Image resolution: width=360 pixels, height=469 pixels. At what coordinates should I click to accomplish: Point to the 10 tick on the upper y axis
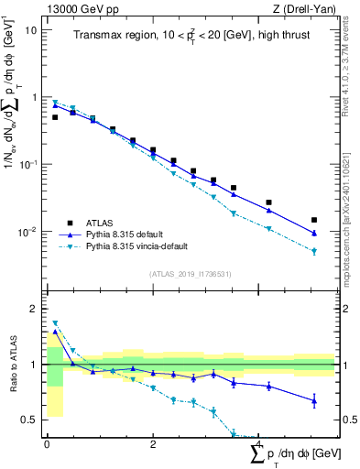point(31,29)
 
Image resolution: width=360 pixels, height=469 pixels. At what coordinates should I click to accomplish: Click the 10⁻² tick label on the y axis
point(27,232)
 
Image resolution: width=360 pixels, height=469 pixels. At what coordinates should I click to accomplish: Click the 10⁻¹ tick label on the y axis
point(27,164)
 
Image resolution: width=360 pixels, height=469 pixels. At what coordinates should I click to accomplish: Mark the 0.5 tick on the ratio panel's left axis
point(29,420)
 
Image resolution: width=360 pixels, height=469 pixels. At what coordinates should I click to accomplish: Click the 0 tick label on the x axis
point(47,444)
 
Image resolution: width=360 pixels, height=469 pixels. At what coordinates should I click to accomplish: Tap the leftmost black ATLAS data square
point(55,117)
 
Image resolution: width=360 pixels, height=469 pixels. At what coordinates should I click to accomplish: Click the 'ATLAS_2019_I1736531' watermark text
point(190,274)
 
